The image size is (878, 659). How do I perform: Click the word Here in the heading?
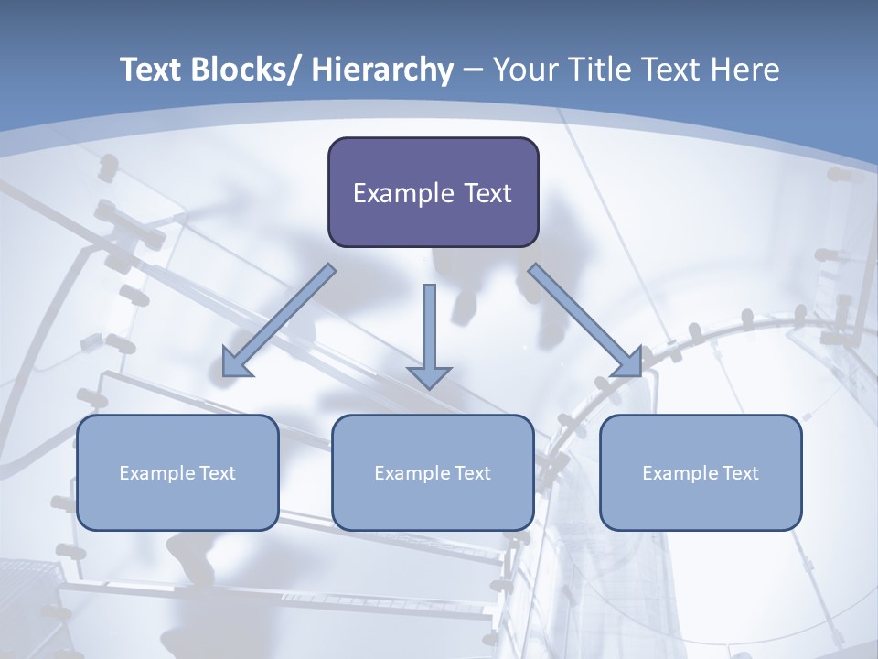pos(744,70)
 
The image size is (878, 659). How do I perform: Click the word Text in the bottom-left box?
pos(218,473)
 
